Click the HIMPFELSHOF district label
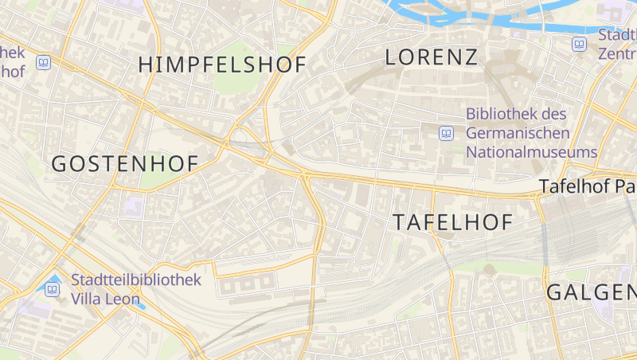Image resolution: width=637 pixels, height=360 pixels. pos(222,65)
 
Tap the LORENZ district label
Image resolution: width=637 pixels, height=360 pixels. pos(431,57)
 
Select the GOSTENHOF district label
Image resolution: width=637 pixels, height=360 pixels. pos(124,164)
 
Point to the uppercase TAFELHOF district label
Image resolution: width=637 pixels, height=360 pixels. pos(453,223)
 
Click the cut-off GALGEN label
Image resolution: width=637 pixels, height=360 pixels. pos(591,292)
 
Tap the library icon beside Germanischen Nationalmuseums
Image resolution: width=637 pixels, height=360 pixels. pos(447,133)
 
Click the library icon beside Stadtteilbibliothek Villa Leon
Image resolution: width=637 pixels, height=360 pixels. pos(53,288)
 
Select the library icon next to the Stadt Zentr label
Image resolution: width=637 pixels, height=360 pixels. pos(580,45)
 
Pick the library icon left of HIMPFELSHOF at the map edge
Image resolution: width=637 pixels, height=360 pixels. pos(44,62)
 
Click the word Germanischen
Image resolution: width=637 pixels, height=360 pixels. pos(518,133)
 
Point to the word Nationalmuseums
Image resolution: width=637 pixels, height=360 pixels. pos(531,151)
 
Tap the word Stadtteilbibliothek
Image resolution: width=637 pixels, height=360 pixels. pos(135,280)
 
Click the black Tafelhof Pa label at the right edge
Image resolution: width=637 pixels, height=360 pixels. pos(587,187)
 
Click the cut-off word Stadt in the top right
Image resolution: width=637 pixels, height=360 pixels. pos(617,35)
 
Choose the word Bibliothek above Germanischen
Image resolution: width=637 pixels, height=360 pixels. pos(505,115)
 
